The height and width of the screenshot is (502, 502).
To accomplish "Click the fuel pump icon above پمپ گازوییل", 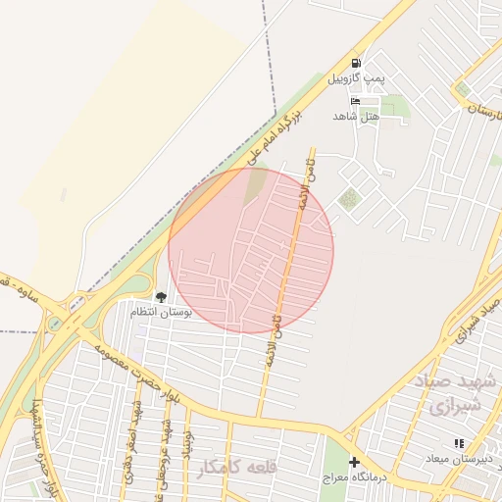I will tap(356, 61).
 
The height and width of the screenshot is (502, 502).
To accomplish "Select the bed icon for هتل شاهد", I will tap(355, 101).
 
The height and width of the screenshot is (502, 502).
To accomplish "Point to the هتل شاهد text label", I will tap(355, 116).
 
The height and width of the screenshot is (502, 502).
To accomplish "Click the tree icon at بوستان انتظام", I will tap(161, 296).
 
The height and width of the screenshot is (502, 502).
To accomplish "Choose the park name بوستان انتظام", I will tap(163, 311).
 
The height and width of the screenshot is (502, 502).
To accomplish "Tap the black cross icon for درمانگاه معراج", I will tap(355, 461).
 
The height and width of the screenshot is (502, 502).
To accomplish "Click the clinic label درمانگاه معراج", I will tap(357, 477).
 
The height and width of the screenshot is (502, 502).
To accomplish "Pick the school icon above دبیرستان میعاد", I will tap(459, 444).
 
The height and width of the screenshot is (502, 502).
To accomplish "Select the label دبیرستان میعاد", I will tap(459, 459).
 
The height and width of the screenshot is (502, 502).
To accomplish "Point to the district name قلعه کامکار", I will tap(236, 467).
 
